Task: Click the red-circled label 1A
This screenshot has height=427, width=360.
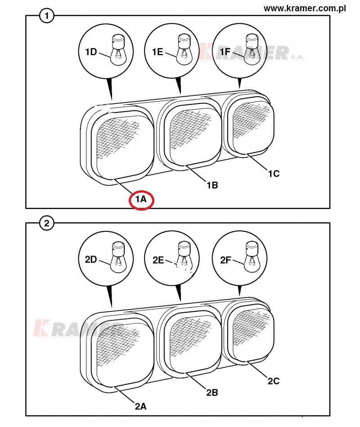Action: tap(141, 200)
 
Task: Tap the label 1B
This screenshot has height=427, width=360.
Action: tap(212, 185)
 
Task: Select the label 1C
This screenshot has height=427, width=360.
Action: tap(274, 174)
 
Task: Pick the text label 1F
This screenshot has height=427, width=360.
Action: tap(225, 51)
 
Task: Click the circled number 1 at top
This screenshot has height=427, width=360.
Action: tap(47, 16)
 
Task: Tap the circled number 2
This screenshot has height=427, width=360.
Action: tap(47, 223)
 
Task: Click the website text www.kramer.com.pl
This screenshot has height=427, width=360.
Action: tap(305, 9)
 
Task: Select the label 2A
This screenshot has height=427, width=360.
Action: tap(140, 406)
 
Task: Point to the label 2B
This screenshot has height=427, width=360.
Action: tap(212, 393)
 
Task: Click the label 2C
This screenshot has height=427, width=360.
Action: tap(274, 381)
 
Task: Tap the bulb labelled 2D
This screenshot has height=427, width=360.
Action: tap(118, 257)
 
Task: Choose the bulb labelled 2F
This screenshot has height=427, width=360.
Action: tap(252, 257)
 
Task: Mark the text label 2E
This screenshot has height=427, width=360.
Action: tap(158, 260)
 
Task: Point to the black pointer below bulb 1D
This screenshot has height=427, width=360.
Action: tap(110, 89)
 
